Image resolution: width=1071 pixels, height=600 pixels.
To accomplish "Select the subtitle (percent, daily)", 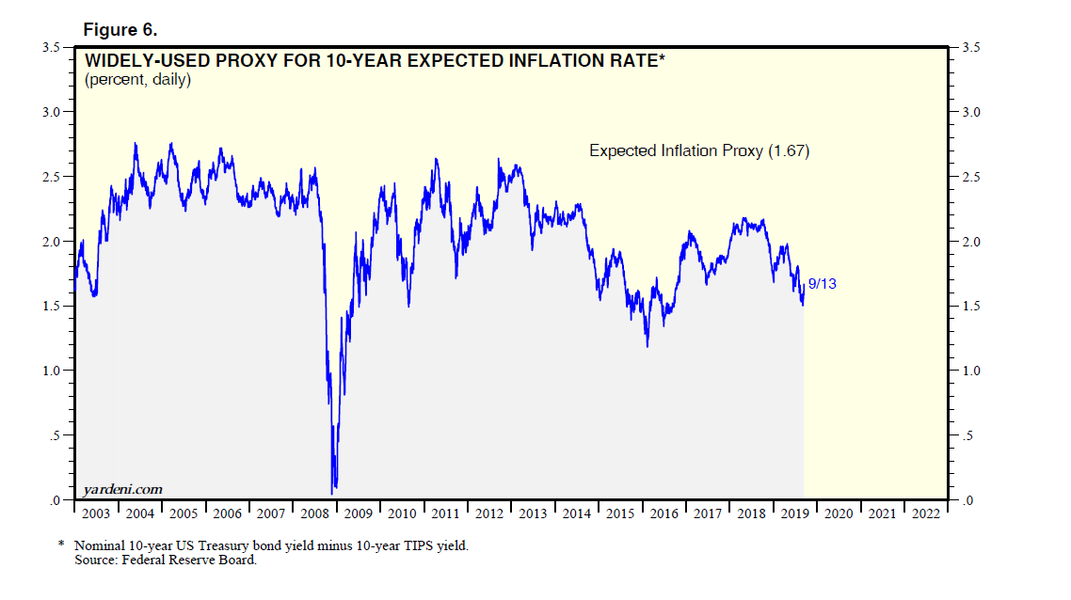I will [x=138, y=80].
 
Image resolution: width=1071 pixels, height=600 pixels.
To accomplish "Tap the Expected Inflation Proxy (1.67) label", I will [x=699, y=150].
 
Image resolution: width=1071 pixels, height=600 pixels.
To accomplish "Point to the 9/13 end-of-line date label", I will [x=822, y=282].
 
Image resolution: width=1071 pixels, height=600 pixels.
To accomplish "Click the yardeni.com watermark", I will [x=123, y=488].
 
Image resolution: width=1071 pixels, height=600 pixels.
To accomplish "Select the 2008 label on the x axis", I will [x=313, y=513].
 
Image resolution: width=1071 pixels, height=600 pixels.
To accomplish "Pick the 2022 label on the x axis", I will [x=923, y=513].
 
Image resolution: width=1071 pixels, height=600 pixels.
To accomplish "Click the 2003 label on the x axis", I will [x=95, y=513].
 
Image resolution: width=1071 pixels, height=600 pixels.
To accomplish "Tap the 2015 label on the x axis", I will [x=618, y=513].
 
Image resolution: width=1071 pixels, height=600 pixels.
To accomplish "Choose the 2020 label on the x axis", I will [x=837, y=513].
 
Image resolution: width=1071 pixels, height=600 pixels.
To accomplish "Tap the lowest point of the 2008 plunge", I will [x=332, y=493].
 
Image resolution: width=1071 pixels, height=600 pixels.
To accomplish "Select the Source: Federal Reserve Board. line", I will [x=166, y=561].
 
